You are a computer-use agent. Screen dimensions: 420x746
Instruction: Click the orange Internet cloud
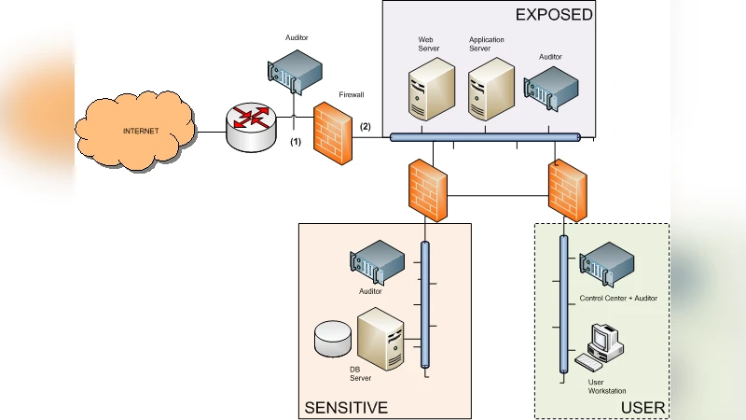[x=140, y=131]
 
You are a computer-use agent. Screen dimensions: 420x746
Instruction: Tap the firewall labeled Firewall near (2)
[x=333, y=133]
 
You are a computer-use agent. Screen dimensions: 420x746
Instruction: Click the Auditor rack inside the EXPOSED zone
[x=551, y=90]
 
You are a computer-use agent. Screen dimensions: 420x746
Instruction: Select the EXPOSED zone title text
[x=553, y=14]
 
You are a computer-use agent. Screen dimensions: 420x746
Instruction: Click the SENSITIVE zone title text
[x=345, y=408]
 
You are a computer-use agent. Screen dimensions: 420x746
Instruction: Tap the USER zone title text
[x=642, y=408]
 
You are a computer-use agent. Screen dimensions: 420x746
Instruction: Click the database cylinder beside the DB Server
[x=333, y=339]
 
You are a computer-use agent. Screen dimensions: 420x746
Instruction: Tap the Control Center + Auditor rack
[x=607, y=265]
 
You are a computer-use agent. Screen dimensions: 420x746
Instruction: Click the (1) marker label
[x=296, y=142]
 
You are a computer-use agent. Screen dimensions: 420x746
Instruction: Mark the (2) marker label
[x=365, y=126]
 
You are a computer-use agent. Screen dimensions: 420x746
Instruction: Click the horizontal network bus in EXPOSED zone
[x=484, y=137]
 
